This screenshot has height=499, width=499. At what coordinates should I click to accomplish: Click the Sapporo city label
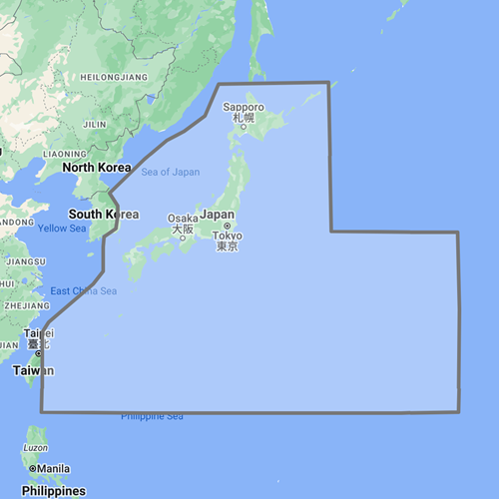[243, 107]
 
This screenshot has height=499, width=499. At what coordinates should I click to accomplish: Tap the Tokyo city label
[228, 236]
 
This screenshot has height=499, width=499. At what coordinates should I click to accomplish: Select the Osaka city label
[183, 219]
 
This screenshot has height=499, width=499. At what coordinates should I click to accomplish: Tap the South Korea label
[103, 215]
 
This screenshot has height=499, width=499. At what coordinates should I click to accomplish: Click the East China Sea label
[83, 290]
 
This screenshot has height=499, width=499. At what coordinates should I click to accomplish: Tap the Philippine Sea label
[152, 415]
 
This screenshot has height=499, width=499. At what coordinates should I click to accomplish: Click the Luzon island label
[35, 448]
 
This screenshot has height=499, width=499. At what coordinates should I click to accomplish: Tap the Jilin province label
[95, 124]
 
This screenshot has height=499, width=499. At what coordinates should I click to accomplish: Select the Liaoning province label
[65, 153]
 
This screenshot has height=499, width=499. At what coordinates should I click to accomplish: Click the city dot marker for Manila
[33, 468]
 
